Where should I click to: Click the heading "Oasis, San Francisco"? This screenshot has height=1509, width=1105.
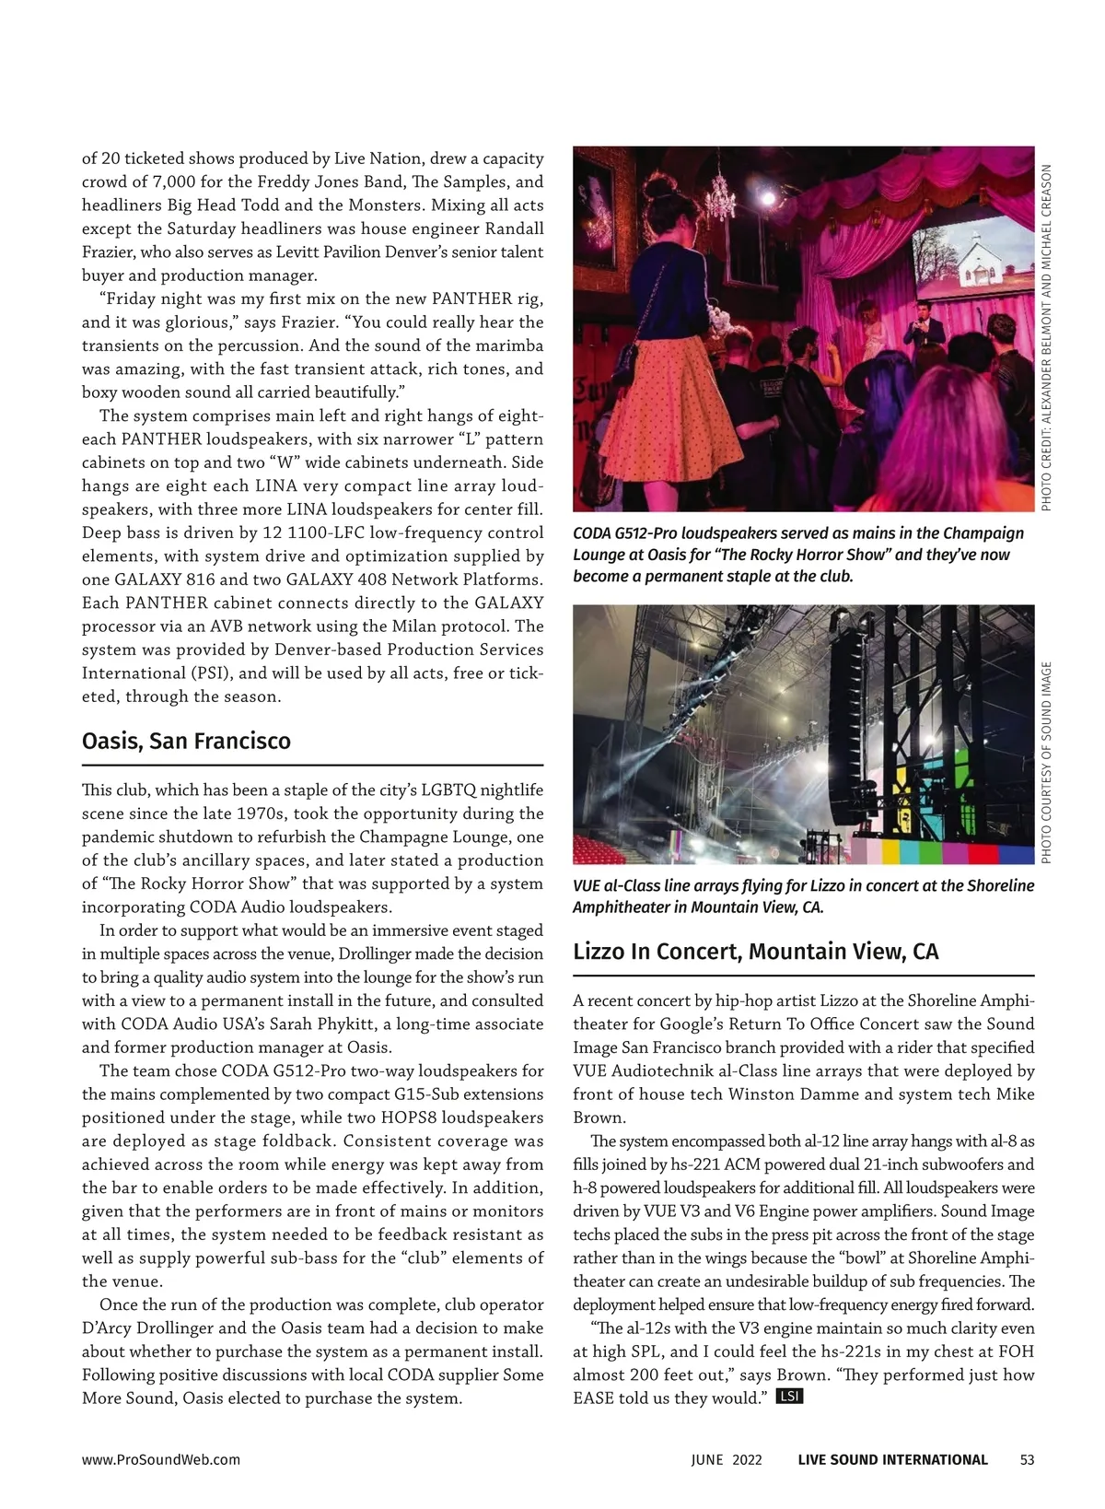pos(186,742)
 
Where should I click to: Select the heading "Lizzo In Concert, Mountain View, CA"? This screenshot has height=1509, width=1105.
pos(755,952)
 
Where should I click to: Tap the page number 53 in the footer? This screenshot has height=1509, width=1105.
pos(1028,1459)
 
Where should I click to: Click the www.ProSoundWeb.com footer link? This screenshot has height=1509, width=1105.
pos(161,1459)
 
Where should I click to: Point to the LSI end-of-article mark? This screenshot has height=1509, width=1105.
pos(790,1397)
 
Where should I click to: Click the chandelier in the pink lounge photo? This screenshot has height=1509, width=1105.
pos(718,193)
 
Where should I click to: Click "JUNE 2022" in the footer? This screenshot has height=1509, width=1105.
pos(727,1459)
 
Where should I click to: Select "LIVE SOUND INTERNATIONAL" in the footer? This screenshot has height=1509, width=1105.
pos(892,1459)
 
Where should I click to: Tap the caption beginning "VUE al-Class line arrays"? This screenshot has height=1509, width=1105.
pos(803,895)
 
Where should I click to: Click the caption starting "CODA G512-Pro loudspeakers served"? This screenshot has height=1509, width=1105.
pos(797,555)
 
